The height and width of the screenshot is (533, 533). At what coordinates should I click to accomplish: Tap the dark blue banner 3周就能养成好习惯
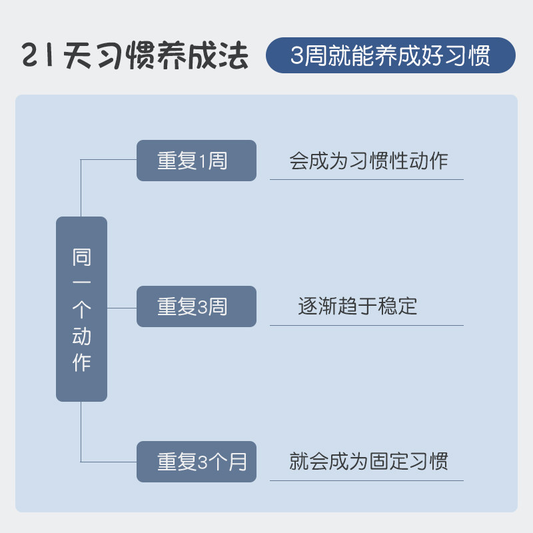[390, 55]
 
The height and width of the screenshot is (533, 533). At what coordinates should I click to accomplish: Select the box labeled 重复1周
[197, 161]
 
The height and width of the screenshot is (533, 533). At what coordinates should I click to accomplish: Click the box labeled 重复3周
[197, 306]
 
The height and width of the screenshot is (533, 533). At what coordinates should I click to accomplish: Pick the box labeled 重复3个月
[197, 462]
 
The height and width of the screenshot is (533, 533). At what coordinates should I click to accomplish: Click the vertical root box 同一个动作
[81, 309]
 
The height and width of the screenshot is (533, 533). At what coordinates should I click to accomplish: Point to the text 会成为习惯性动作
[368, 161]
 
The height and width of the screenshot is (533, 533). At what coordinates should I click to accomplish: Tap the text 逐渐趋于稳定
[358, 306]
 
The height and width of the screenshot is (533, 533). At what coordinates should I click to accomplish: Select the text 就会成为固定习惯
[368, 461]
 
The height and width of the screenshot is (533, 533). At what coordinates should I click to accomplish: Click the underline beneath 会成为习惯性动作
[366, 179]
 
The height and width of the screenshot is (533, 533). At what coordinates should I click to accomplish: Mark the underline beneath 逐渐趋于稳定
[366, 325]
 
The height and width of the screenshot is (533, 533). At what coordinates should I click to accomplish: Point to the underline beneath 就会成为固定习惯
[366, 480]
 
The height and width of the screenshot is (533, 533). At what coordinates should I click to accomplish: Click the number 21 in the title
[39, 56]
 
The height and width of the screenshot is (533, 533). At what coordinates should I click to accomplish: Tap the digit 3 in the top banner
[297, 56]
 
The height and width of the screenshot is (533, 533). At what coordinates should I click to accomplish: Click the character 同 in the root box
[81, 258]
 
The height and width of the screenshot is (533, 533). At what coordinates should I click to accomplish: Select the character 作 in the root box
[81, 363]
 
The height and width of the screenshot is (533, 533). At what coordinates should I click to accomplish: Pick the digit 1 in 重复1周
[203, 161]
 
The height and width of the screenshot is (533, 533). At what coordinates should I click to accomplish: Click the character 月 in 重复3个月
[238, 462]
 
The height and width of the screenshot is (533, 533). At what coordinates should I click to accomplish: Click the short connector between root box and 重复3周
[122, 308]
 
